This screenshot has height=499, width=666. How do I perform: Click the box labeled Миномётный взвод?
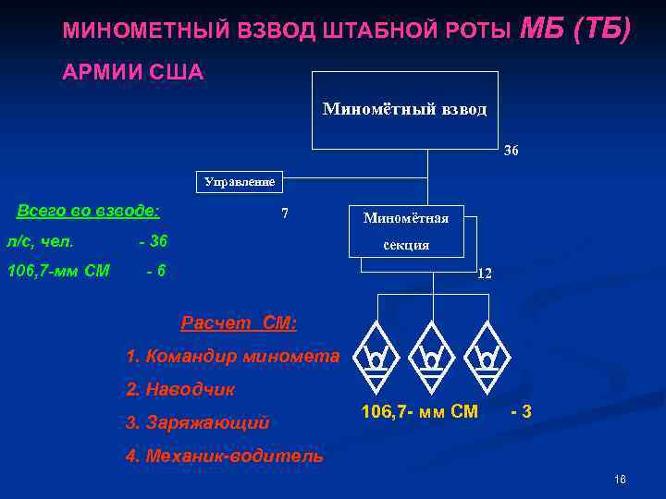click(404, 110)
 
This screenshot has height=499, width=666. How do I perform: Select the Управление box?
click(240, 182)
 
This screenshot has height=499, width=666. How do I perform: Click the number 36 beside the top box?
click(511, 151)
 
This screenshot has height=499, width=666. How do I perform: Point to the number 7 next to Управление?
click(285, 213)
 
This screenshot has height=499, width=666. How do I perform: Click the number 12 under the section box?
click(484, 274)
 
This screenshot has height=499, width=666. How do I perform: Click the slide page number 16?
click(620, 480)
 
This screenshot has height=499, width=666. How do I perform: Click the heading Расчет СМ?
click(239, 323)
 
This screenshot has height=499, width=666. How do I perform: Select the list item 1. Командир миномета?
click(233, 356)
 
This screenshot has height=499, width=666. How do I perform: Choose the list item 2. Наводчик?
click(181, 389)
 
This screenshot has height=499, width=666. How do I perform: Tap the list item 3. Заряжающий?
click(198, 422)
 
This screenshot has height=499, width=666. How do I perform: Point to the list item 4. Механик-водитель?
click(225, 456)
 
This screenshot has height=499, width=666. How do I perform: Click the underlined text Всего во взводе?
click(89, 211)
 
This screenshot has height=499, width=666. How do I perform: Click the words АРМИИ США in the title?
click(133, 72)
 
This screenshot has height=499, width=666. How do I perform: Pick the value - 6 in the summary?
click(154, 271)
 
